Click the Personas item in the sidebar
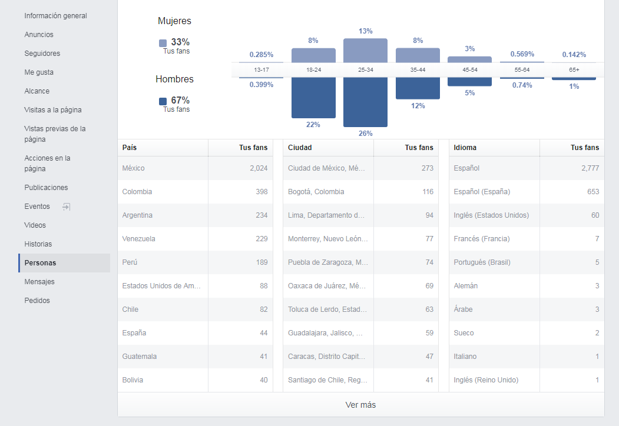point(40,263)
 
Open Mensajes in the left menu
point(39,282)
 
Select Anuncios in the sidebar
point(39,35)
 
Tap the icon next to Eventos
point(67,207)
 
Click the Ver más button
point(360,405)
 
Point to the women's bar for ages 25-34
point(365,50)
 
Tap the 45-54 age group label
point(469,70)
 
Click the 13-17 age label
point(261,70)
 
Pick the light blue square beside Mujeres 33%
point(163,43)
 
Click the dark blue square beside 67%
point(163,101)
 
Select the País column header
point(130,148)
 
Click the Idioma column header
point(465,148)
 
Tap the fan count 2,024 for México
point(258,168)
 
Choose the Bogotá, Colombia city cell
point(316,192)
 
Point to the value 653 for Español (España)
point(593,192)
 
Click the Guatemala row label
point(140,357)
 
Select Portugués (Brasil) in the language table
point(482,262)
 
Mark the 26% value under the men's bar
point(365,134)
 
